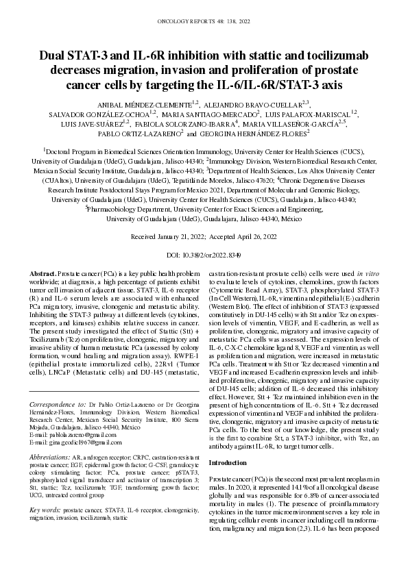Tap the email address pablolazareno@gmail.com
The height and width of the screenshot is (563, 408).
pos(71,434)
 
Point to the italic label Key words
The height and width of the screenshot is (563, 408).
pos(46,510)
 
